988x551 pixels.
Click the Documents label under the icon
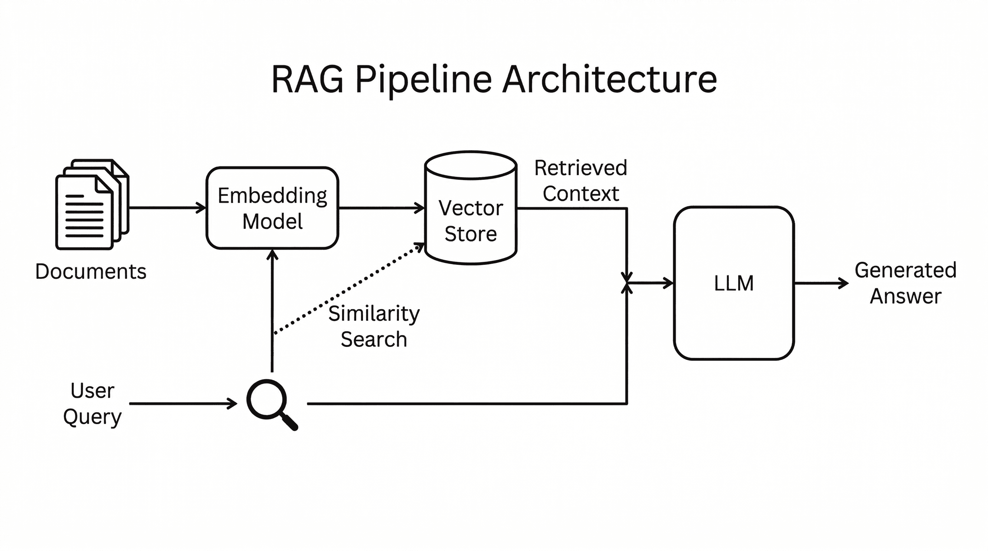point(91,272)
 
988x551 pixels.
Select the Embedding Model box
point(272,208)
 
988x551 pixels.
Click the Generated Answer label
point(905,283)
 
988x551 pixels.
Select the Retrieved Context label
point(581,180)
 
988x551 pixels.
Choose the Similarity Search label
point(374,326)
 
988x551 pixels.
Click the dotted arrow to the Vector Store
point(349,289)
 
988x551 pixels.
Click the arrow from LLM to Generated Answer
point(821,283)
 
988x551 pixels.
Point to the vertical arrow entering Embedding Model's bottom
point(272,310)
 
